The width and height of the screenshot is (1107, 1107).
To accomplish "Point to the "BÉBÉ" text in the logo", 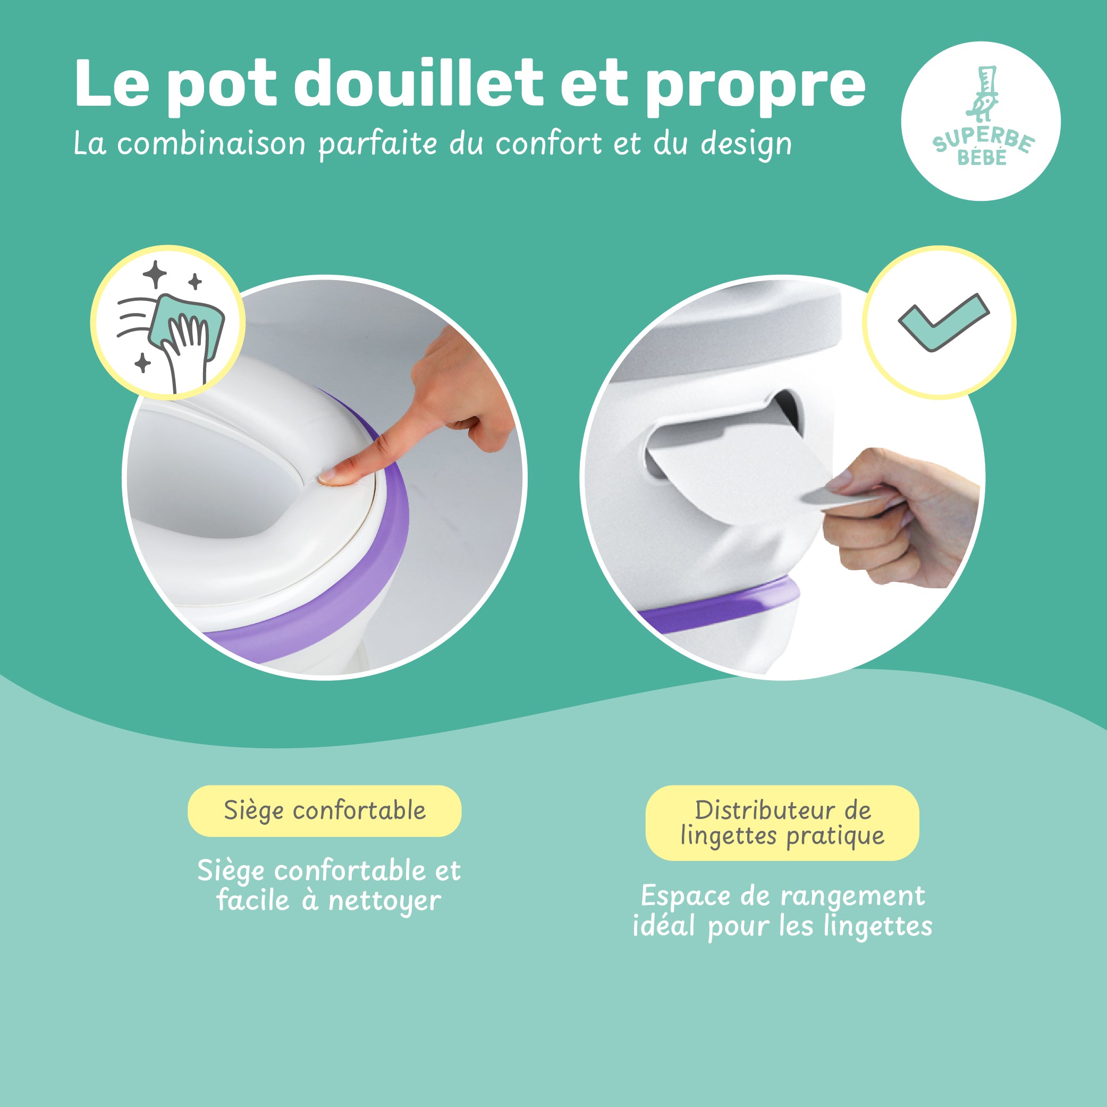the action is pyautogui.click(x=982, y=157).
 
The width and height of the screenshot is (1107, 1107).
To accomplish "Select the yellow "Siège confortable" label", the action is pyautogui.click(x=324, y=811).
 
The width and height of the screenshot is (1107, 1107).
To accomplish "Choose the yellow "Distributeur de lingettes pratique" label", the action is pyautogui.click(x=782, y=823).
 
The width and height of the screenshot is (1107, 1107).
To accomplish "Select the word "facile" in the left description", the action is pyautogui.click(x=252, y=900).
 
